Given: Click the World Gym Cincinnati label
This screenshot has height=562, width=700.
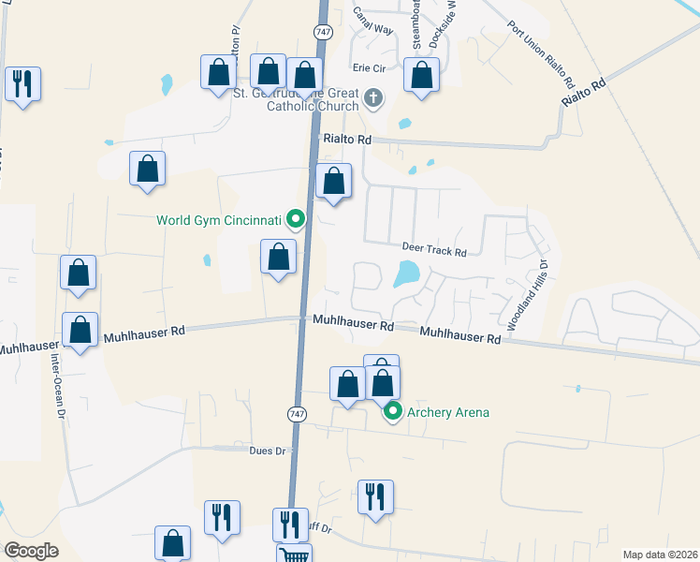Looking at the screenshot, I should [x=219, y=221].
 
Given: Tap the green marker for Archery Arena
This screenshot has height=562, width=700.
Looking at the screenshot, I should [x=393, y=411].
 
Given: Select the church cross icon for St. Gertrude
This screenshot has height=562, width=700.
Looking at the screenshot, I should [x=373, y=98].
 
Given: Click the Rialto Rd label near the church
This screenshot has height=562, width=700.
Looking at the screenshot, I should [x=347, y=140].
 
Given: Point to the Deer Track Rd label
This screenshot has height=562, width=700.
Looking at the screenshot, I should [x=433, y=249].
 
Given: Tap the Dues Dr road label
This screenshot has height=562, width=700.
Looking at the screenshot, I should [x=267, y=451].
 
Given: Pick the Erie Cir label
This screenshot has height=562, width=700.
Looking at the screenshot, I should [x=369, y=68].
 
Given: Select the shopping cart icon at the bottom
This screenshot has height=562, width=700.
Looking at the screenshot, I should [x=294, y=554].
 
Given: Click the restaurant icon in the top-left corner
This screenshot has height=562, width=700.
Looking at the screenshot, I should [x=22, y=82].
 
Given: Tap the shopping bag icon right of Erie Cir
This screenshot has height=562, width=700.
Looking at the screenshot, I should [x=422, y=76].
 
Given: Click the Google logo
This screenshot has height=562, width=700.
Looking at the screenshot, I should [x=32, y=551].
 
